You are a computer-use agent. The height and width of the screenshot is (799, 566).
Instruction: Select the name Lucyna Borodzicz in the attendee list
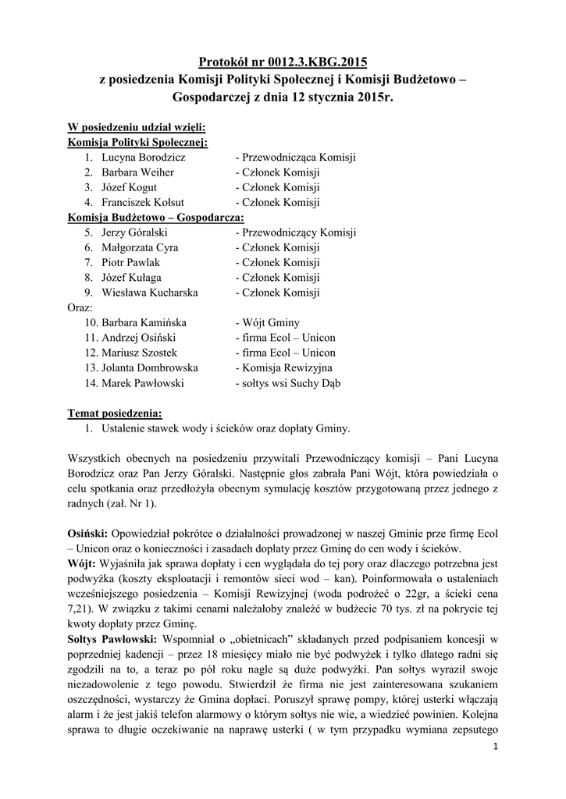coord(143,158)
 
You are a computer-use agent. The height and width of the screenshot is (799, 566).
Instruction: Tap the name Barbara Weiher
coord(137,172)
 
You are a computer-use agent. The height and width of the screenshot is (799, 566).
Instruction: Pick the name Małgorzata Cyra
coord(140,247)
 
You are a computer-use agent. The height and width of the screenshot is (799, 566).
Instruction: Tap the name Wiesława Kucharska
coord(149,293)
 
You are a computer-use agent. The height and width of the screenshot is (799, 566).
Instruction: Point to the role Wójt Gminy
coord(267,323)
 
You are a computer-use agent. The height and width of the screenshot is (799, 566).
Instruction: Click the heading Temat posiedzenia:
coord(116,413)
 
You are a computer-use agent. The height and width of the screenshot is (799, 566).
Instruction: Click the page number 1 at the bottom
coord(496,749)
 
